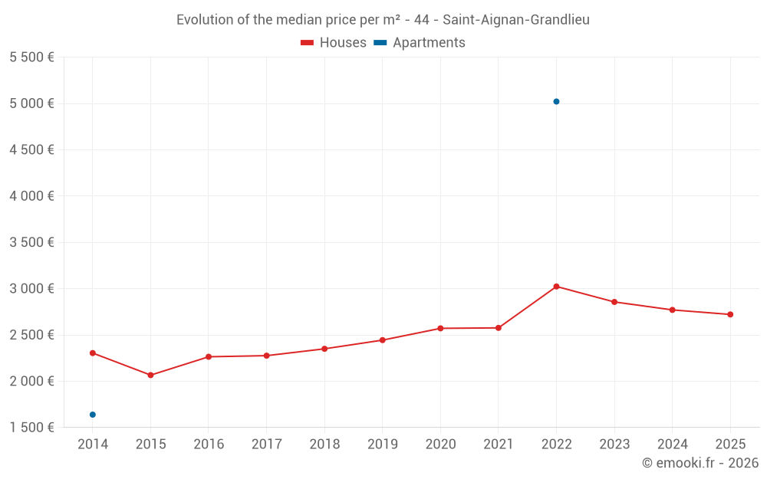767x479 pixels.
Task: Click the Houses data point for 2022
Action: click(556, 287)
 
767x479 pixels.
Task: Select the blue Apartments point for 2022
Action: click(556, 101)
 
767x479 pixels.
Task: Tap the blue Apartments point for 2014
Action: click(93, 415)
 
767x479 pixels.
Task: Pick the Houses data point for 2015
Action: click(150, 375)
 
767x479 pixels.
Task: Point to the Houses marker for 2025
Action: click(730, 314)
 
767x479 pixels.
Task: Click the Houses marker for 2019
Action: click(383, 340)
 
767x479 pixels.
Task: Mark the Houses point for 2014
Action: click(93, 353)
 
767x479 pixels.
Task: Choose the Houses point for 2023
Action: click(614, 302)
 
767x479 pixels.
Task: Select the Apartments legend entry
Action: click(420, 43)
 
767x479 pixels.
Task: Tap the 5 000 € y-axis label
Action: click(31, 103)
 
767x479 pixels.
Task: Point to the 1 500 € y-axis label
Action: click(31, 428)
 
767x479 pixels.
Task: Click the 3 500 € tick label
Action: click(31, 242)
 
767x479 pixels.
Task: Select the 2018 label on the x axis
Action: click(324, 445)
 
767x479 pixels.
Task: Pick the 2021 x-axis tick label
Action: click(499, 445)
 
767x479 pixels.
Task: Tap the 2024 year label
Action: click(673, 445)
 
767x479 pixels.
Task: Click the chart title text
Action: click(383, 20)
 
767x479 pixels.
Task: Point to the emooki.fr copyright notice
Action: click(700, 463)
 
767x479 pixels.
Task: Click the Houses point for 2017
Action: click(266, 356)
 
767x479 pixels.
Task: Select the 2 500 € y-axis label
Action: click(31, 335)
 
